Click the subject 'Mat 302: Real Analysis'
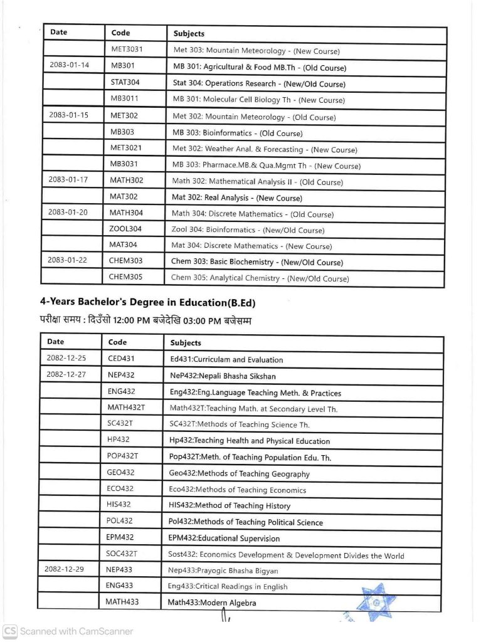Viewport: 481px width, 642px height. point(237,197)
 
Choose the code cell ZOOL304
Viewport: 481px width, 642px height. point(125,229)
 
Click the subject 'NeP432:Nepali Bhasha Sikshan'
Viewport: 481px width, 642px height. point(223,376)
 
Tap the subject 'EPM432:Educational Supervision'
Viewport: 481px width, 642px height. point(225,538)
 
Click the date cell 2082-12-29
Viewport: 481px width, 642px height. point(65,570)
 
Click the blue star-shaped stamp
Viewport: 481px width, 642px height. point(378,603)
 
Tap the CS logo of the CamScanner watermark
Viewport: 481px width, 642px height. point(9,631)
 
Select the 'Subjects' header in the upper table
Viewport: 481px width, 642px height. point(189,33)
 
